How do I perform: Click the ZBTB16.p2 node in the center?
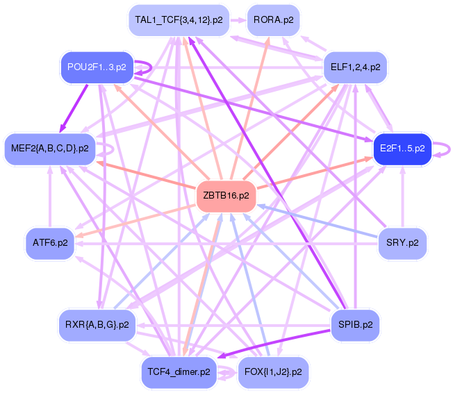[225, 196]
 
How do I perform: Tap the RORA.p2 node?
[273, 20]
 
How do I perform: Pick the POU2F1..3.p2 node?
[97, 67]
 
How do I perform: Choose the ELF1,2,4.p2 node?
[356, 67]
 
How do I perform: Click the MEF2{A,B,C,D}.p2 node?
[50, 148]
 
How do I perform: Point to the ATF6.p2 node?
[50, 243]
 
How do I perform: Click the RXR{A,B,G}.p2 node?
[97, 324]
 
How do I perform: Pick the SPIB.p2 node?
[356, 324]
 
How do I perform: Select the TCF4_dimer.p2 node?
[179, 372]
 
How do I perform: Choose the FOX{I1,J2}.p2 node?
[273, 372]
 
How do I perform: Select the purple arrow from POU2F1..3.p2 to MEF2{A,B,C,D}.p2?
[74, 107]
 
